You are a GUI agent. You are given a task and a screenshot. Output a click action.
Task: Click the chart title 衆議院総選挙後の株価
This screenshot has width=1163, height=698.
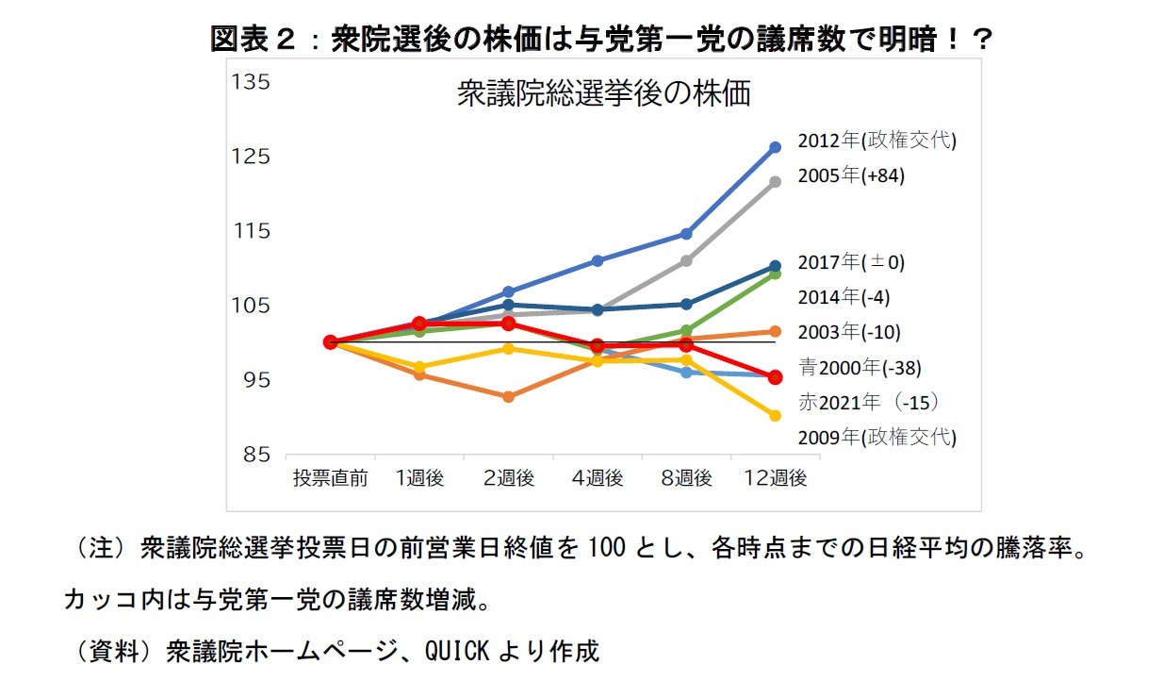[604, 94]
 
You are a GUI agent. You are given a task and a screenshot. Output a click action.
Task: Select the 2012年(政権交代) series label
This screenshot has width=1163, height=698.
[876, 141]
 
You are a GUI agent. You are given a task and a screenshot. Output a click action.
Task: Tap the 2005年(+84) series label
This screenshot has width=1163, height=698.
[851, 175]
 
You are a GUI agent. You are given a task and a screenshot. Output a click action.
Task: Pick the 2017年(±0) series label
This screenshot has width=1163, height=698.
[844, 262]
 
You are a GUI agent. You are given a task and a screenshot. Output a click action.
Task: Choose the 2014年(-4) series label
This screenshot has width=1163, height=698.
[844, 297]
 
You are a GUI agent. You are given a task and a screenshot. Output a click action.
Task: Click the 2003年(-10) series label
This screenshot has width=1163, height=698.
[848, 332]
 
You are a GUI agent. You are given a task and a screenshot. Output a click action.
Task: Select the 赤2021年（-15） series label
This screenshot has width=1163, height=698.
[868, 402]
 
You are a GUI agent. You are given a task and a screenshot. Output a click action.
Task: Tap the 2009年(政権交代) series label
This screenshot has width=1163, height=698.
[876, 437]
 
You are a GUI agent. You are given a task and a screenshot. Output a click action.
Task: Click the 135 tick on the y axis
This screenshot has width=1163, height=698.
[251, 82]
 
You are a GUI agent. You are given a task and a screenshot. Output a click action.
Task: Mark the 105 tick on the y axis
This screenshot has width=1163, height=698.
[251, 306]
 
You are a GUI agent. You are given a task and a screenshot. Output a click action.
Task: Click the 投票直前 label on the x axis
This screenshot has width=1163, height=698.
[330, 478]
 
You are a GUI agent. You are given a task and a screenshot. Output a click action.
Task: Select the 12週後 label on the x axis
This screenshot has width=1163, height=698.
[776, 478]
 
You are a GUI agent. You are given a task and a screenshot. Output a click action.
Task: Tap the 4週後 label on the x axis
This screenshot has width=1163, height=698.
[598, 478]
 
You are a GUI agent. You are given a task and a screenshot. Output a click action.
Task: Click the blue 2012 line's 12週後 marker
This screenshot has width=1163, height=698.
[775, 147]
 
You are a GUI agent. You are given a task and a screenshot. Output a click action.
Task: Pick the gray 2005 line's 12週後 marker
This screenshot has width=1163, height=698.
[775, 181]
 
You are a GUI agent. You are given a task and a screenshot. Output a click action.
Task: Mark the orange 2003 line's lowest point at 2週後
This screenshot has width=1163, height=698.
[508, 396]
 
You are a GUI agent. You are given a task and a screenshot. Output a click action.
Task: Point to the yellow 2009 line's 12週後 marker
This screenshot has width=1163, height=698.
[775, 415]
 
